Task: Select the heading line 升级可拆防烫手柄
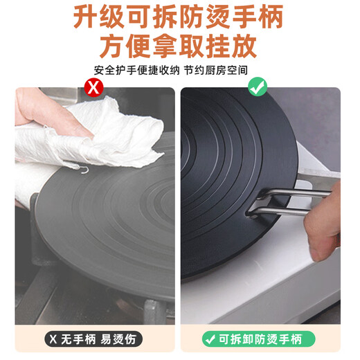click(180, 17)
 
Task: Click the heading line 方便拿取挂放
click(179, 45)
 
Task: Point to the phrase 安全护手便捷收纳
click(134, 70)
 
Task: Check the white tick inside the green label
click(210, 340)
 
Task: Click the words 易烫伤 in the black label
click(115, 340)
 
